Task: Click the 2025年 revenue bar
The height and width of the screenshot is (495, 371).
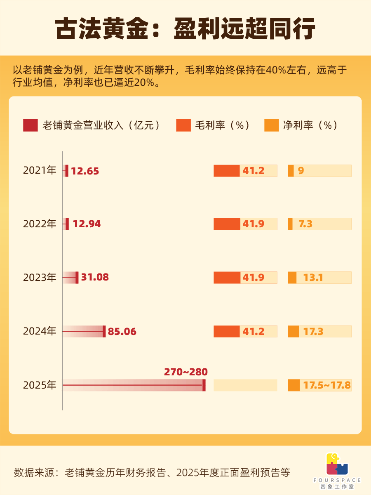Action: (134, 385)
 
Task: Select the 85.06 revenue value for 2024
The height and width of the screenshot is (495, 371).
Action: (122, 331)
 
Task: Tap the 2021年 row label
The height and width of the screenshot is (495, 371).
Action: (39, 170)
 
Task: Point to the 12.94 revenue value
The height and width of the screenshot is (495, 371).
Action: (87, 224)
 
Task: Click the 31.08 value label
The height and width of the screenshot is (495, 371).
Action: (95, 278)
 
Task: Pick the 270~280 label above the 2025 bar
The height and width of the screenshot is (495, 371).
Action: (185, 372)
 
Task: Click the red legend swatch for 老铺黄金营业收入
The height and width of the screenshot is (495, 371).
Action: (31, 125)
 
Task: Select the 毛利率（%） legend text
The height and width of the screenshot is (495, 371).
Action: (223, 125)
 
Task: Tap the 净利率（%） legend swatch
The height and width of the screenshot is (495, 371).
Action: (272, 125)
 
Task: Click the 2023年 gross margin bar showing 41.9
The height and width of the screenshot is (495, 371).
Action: (245, 278)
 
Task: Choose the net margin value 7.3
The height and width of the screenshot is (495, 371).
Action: (305, 224)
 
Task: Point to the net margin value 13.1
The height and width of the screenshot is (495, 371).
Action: (313, 278)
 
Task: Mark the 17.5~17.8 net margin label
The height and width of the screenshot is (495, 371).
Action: (327, 385)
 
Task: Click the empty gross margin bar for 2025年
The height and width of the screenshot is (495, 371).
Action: (245, 385)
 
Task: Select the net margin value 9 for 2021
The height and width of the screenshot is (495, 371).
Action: (301, 170)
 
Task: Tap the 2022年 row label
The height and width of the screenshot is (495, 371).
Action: (39, 224)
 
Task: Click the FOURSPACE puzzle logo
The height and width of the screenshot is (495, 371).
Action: (337, 464)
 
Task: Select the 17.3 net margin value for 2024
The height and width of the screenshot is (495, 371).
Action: (313, 331)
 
